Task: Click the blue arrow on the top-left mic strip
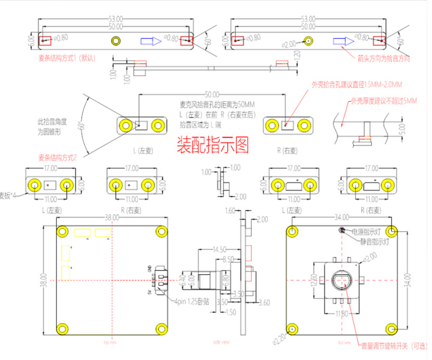pos(151,41)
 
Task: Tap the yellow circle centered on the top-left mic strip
pos(116,41)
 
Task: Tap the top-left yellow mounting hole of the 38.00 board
pos(62,231)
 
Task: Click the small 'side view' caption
pos(221,342)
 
